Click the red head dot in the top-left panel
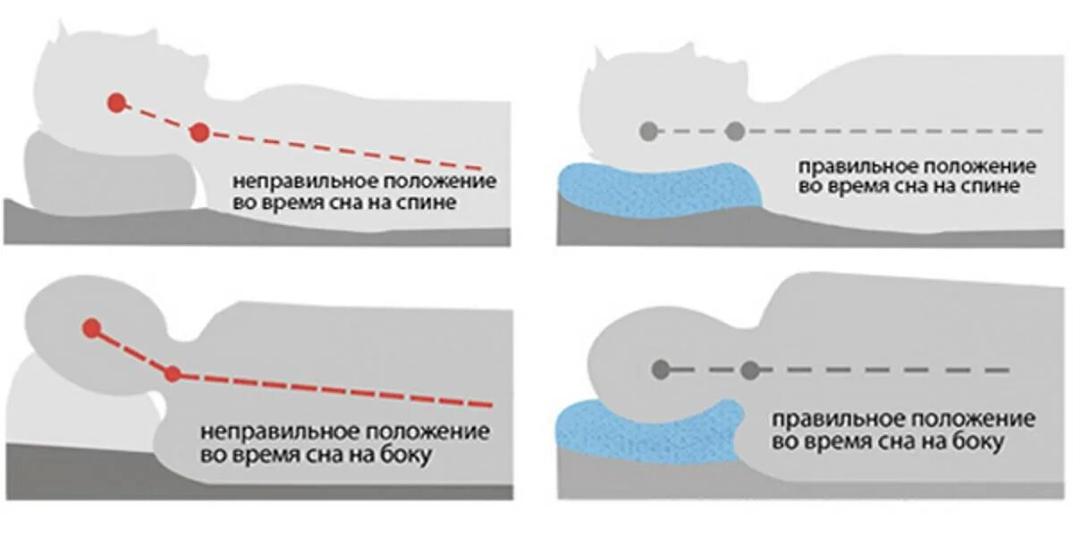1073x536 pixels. coord(115,103)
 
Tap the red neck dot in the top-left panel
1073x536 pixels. coord(199,133)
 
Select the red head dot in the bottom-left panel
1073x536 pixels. coord(91,328)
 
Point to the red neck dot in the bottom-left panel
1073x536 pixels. coord(173,373)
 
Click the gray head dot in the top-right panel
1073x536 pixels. coord(647,131)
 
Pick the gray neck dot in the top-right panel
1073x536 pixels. coord(735,131)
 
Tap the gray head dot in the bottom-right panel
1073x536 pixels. coord(661,369)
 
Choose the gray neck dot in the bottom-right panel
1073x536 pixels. coord(749,369)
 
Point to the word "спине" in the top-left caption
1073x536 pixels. coord(432,203)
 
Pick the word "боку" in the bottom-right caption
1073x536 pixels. coord(981,441)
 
